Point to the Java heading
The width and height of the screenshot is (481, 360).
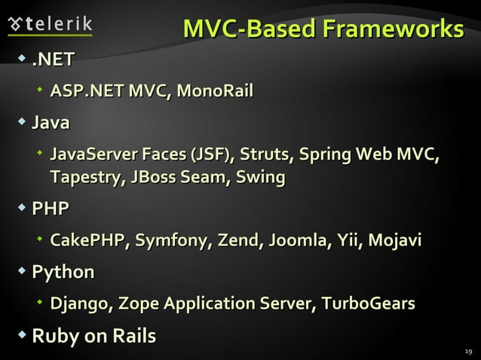pos(51,122)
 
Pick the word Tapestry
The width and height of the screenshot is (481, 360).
pos(85,178)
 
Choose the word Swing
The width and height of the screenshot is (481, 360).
pos(260,178)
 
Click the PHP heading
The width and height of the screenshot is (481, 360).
pos(51,209)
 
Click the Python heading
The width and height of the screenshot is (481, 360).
pos(63,272)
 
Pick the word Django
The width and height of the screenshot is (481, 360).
pos(78,304)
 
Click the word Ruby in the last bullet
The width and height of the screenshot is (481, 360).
pos(54,336)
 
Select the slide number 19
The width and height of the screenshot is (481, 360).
pos(467,351)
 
